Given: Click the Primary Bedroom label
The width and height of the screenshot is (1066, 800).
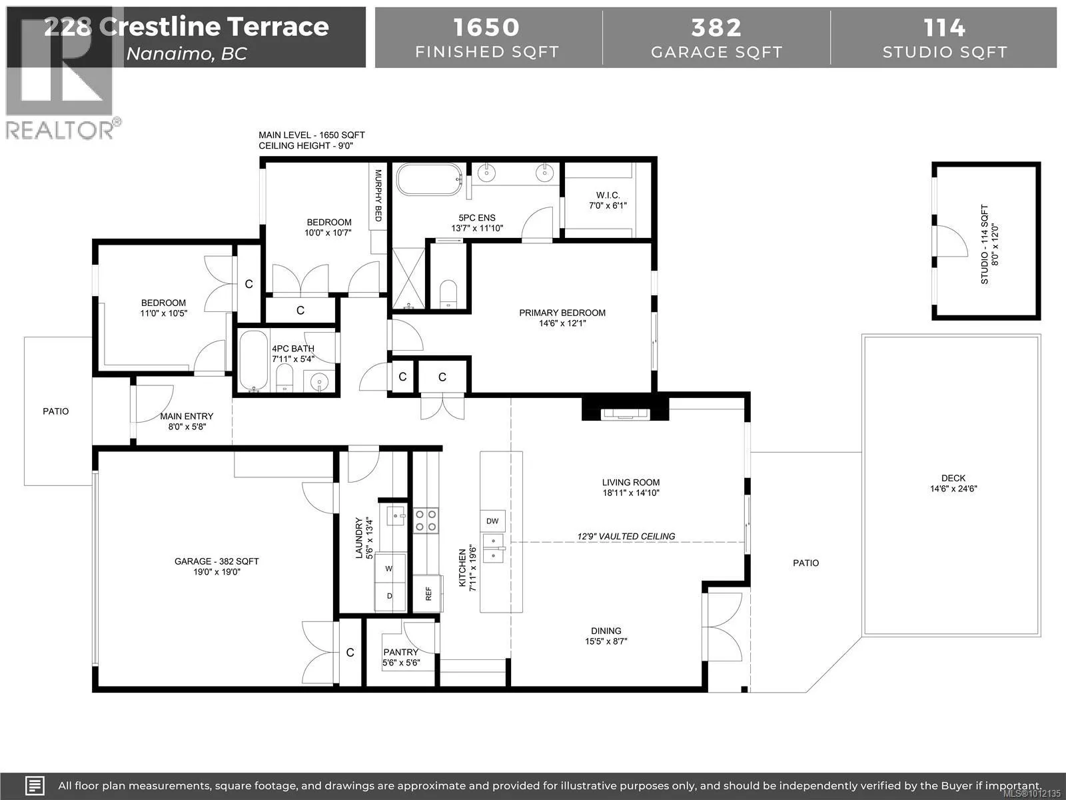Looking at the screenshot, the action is coord(562,313).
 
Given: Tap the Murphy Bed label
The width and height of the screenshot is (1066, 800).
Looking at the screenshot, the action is coord(378,195).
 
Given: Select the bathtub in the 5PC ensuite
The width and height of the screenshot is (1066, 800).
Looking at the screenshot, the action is coord(429,179).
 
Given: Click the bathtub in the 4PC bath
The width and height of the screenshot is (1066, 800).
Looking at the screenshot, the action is coord(254,361).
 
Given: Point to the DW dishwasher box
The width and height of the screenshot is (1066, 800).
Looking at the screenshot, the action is coord(492,521).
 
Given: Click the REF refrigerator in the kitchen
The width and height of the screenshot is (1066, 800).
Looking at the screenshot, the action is coord(428,593).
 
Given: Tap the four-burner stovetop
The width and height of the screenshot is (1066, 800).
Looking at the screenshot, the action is coord(426,521).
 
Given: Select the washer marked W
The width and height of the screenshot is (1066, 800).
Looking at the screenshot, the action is coord(390,568).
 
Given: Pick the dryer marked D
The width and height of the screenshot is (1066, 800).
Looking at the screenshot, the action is coord(390,596).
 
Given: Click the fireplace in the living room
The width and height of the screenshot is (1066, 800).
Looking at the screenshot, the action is coord(626,413).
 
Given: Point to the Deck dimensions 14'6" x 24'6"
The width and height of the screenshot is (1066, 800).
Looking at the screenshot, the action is coord(953,489).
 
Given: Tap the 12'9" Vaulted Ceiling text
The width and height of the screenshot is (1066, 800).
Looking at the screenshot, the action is coord(626,536).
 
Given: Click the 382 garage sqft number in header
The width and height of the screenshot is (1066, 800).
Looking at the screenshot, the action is coord(716,28).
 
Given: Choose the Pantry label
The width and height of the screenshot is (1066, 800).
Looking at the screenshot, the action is coord(400,653).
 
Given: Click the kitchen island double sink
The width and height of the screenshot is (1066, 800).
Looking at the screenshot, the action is coord(494,548).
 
